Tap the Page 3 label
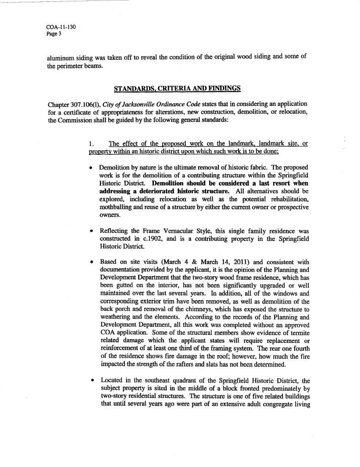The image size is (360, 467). coord(54,33)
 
